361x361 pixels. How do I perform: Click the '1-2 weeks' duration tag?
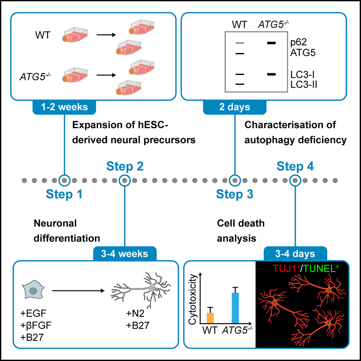(65, 108)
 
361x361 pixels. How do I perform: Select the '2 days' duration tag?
(234, 108)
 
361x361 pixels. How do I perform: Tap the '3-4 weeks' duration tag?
(125, 253)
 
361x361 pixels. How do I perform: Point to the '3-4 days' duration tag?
(295, 253)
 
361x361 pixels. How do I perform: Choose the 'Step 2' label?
(125, 166)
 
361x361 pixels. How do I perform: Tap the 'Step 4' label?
(295, 166)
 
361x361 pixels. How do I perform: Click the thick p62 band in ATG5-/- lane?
(271, 43)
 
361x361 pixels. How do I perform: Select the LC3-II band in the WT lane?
(238, 84)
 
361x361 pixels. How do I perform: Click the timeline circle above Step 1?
(64, 179)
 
